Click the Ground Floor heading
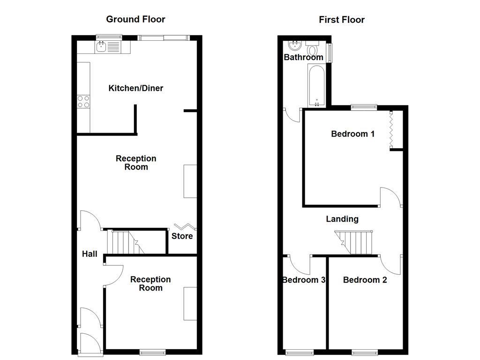point(135,19)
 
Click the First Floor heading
point(341,20)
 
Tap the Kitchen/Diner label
point(135,88)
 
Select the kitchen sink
point(107,46)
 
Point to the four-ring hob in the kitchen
point(83,102)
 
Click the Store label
point(182,236)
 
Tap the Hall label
point(90,254)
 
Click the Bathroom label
point(303,57)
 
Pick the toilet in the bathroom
point(312,49)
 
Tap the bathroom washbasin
point(294,46)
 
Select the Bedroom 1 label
point(352,134)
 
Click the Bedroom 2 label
point(365,280)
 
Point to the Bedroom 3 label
point(303,280)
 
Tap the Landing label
point(342,219)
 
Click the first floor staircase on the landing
point(355,241)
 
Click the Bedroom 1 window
point(364,107)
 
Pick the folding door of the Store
point(185,226)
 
